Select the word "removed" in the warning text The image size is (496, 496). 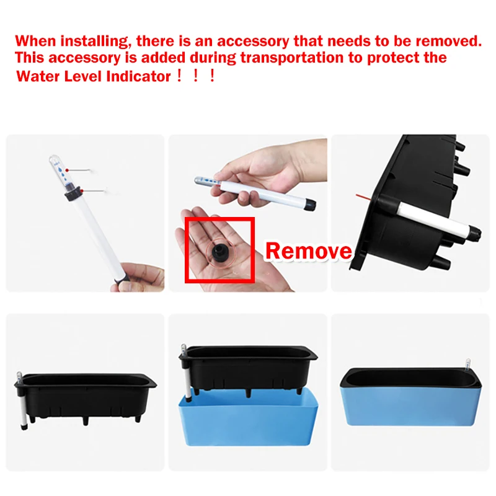[x=449, y=41]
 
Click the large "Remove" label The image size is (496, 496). [x=308, y=250]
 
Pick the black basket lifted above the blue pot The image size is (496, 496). [x=251, y=366]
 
